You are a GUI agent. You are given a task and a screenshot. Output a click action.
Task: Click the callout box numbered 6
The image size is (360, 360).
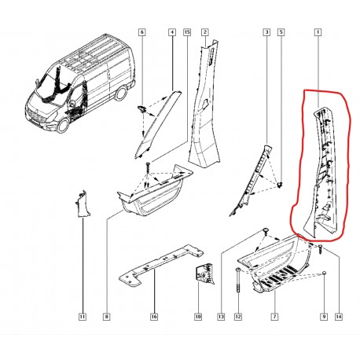click(141, 32)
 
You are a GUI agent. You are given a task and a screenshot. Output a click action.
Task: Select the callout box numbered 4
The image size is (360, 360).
click(172, 32)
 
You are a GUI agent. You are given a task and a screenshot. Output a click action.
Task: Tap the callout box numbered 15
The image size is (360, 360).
click(187, 32)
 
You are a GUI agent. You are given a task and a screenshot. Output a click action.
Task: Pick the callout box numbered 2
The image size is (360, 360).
click(205, 32)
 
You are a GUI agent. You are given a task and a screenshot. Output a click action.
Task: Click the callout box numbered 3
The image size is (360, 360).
click(266, 32)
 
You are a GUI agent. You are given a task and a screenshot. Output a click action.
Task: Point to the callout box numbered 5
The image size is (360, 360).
click(281, 32)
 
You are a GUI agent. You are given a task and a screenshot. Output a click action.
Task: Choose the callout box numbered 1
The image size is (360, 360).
click(318, 32)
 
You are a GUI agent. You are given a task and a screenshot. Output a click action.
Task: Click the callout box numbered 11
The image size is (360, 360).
click(83, 317)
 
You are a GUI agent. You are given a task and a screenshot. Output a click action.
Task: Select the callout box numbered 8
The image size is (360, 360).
click(107, 317)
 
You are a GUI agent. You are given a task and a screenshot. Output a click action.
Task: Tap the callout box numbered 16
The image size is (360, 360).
click(154, 317)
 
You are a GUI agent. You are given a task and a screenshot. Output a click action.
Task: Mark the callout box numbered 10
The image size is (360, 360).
click(198, 317)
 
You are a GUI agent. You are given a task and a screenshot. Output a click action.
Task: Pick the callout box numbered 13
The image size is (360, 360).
click(221, 317)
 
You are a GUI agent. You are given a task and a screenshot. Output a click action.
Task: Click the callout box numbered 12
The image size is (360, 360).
click(238, 317)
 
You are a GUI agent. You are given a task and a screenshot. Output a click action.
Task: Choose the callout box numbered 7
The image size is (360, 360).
click(274, 317)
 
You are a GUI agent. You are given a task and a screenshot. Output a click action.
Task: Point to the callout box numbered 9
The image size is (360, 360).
click(324, 317)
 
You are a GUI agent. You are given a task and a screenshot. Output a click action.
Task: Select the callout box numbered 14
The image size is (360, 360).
click(339, 317)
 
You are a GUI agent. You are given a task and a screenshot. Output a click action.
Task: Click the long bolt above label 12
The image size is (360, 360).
click(238, 281)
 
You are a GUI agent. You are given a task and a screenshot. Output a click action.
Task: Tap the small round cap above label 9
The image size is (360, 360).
click(324, 273)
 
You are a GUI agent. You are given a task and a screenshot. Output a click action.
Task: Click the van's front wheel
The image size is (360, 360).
click(63, 125)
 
